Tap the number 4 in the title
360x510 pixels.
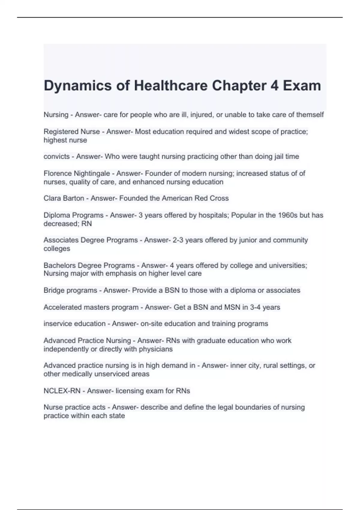pyautogui.click(x=274, y=86)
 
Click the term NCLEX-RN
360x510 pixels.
pyautogui.click(x=62, y=391)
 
